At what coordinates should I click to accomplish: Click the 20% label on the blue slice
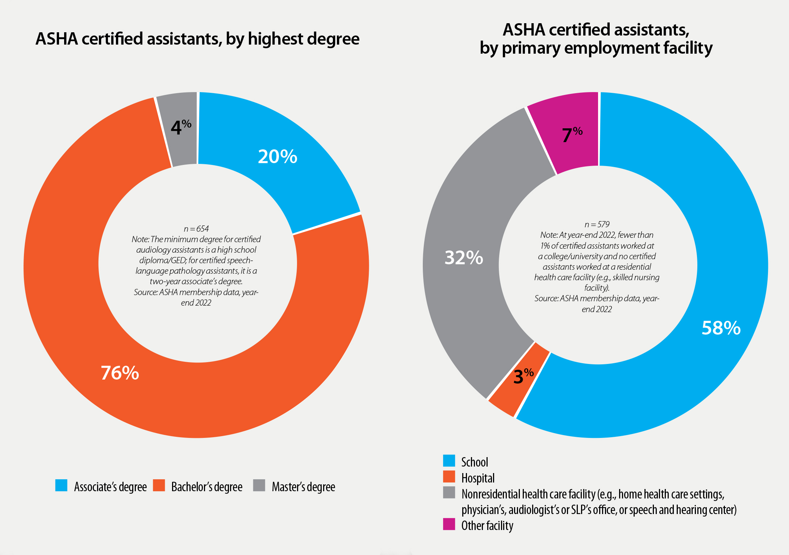[x=277, y=157]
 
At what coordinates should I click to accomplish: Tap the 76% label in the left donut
[x=120, y=373]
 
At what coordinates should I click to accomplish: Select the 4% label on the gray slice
[x=181, y=127]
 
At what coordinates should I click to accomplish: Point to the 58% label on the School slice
[x=721, y=328]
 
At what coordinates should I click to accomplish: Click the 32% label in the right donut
[x=464, y=258]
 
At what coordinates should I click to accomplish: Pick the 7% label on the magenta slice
[x=572, y=134]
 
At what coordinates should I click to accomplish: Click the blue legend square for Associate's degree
[x=61, y=485]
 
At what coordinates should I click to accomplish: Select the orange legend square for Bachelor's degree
[x=159, y=485]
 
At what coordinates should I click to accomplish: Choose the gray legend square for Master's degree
[x=259, y=485]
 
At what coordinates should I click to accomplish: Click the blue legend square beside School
[x=449, y=461]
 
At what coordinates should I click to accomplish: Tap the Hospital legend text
[x=478, y=478]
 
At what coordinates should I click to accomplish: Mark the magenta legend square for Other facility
[x=449, y=524]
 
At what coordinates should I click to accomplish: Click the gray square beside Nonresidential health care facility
[x=449, y=493]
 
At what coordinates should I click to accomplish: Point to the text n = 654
[x=196, y=229]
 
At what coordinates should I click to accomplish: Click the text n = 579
[x=597, y=224]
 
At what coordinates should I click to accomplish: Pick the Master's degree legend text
[x=303, y=487]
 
